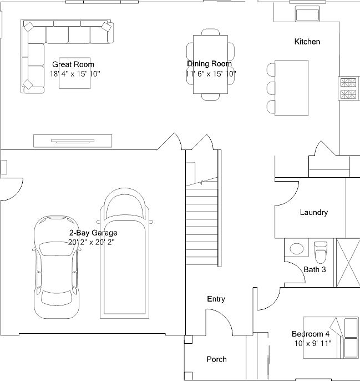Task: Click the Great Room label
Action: (73, 64)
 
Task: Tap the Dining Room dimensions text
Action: (211, 73)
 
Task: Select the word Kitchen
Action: (307, 42)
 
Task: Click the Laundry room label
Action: (313, 212)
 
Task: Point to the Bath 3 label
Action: (315, 270)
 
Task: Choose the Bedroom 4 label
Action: (311, 334)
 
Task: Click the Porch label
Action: (216, 359)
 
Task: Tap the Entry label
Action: (216, 299)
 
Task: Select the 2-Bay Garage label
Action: (93, 233)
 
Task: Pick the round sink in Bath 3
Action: (297, 249)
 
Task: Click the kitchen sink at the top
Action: (307, 14)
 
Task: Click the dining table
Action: (210, 64)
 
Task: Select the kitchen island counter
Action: (292, 87)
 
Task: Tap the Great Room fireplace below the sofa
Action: (73, 141)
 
